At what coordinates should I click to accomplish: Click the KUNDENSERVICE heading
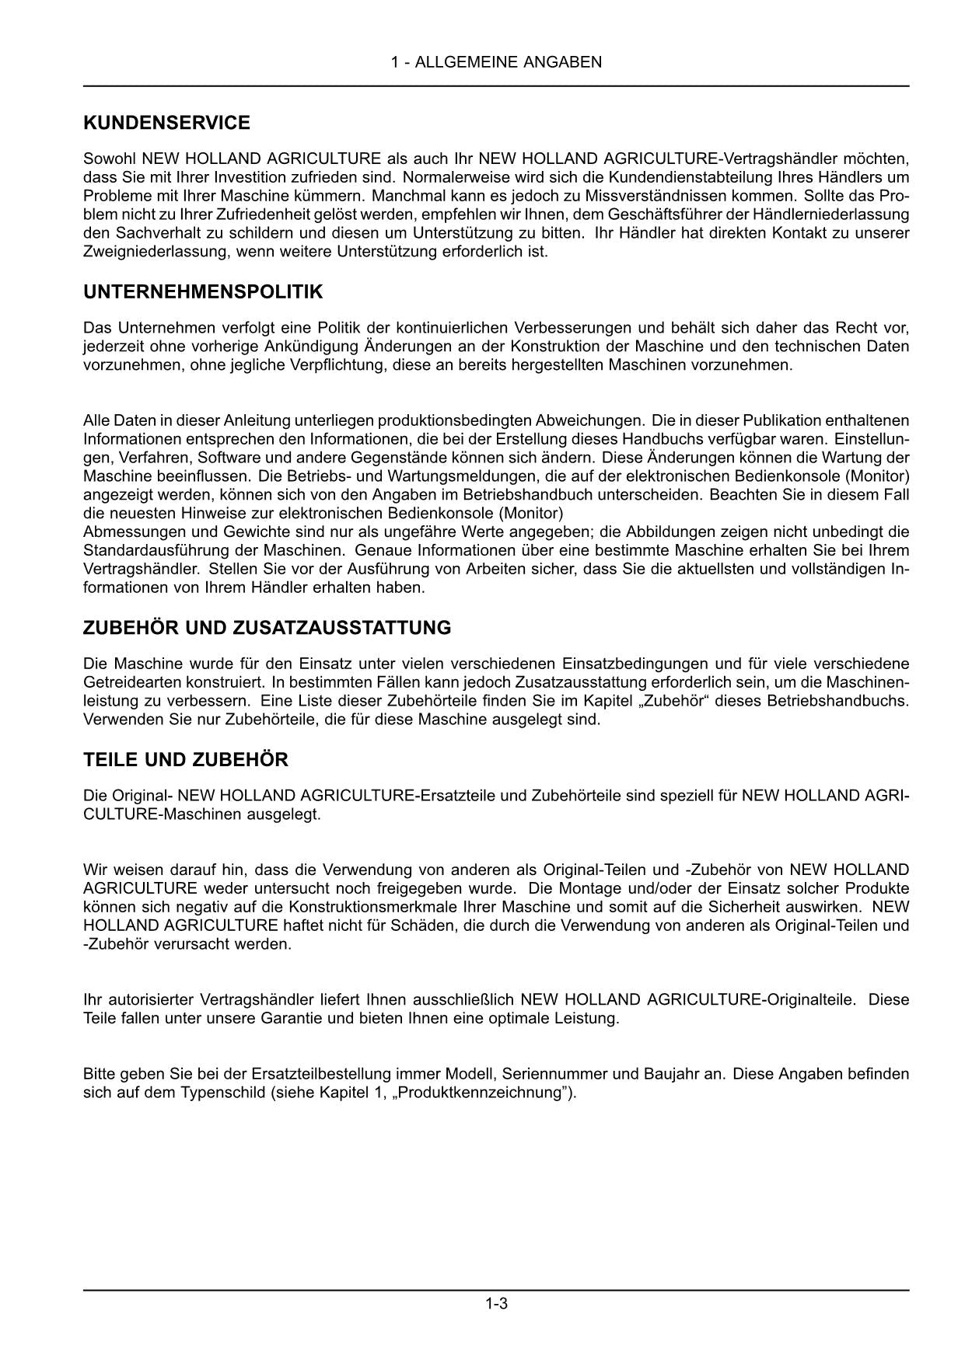point(166,123)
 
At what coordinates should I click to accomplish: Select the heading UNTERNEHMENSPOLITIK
point(203,292)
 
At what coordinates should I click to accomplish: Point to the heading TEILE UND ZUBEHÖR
point(185,760)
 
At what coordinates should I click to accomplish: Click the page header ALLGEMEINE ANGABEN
point(496,62)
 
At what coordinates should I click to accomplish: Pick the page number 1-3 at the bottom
point(496,1304)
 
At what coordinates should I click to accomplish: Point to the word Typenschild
point(218,1093)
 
